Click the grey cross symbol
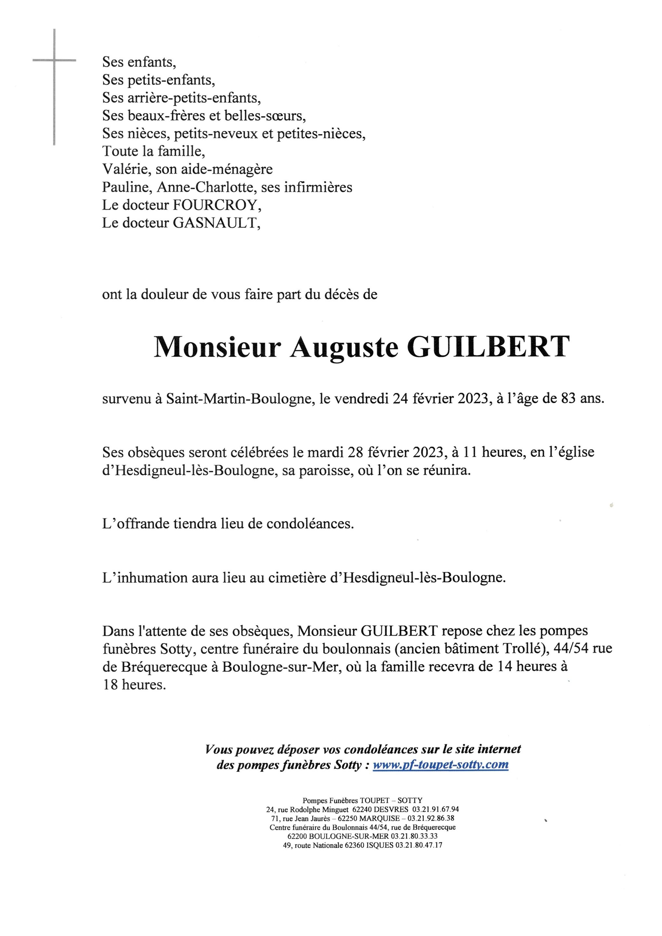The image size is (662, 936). tap(54, 61)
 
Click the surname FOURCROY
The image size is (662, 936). tap(216, 205)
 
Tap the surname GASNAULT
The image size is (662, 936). tap(216, 223)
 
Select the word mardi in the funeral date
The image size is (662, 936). tap(326, 452)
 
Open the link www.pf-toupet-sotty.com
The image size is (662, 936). tap(440, 764)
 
